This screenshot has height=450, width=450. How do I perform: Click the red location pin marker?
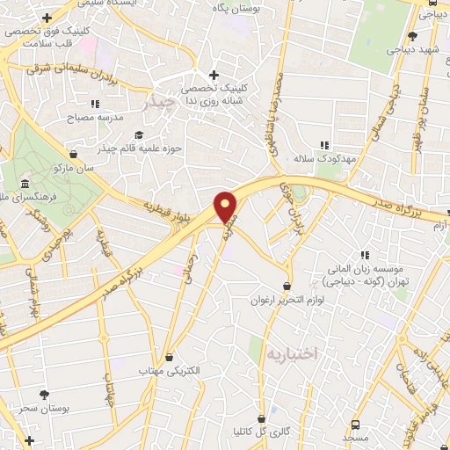pyautogui.click(x=226, y=207)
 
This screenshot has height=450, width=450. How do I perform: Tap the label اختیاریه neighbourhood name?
pyautogui.click(x=289, y=353)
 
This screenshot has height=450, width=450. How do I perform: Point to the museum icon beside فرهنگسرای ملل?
pyautogui.click(x=25, y=185)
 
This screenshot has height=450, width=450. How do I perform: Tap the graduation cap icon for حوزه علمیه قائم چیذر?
pyautogui.click(x=138, y=134)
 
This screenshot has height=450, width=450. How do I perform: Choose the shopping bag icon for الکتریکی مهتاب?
pyautogui.click(x=170, y=357)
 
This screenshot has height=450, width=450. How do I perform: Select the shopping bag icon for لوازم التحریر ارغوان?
pyautogui.click(x=287, y=287)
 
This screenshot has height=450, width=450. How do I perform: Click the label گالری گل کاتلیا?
pyautogui.click(x=261, y=432)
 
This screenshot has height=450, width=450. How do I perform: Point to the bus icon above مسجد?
pyautogui.click(x=355, y=423)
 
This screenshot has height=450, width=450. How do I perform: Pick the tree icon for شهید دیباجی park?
pyautogui.click(x=413, y=36)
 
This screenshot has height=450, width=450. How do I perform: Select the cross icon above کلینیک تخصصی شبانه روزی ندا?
pyautogui.click(x=213, y=76)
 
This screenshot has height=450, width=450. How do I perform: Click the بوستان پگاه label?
pyautogui.click(x=237, y=7)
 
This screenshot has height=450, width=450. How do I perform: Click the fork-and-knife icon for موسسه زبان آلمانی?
pyautogui.click(x=364, y=256)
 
